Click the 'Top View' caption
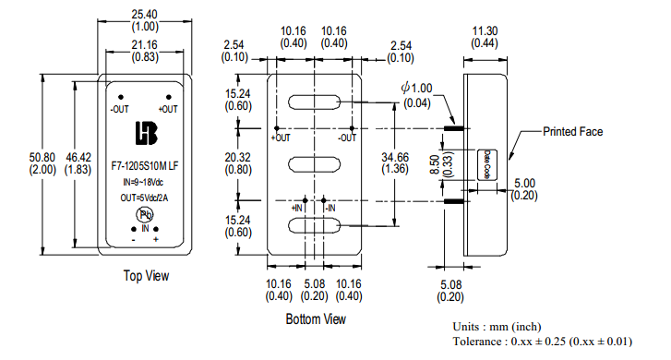click(x=146, y=276)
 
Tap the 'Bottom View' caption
click(x=316, y=318)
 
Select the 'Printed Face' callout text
click(x=572, y=131)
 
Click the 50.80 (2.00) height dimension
click(x=42, y=163)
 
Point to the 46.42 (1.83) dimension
click(x=78, y=163)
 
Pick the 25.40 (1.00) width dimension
click(x=145, y=20)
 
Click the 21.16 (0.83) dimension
click(x=145, y=51)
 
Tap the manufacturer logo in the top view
click(x=147, y=133)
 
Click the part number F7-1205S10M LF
click(x=145, y=166)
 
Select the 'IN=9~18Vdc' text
click(x=143, y=183)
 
